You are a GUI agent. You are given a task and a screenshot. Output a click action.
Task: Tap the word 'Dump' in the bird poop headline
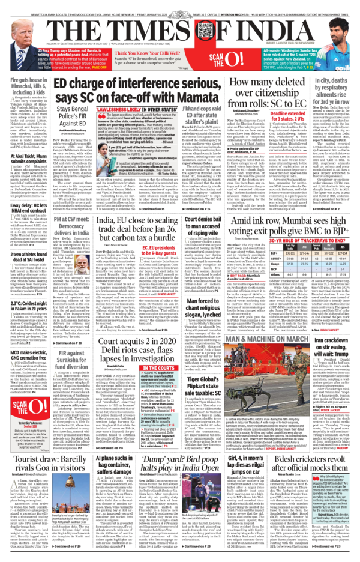[160, 425]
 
